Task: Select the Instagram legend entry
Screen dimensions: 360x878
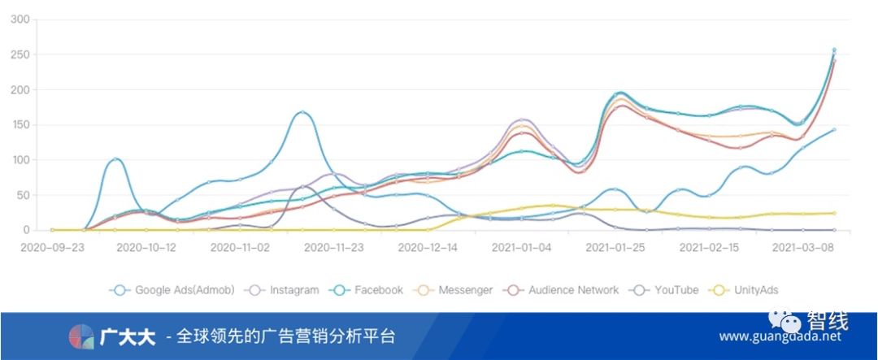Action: click(282, 290)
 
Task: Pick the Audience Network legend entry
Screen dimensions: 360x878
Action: click(561, 290)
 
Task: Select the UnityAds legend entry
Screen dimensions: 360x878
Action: click(744, 290)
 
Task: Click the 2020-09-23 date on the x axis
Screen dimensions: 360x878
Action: click(51, 246)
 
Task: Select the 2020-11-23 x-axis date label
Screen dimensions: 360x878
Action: click(333, 246)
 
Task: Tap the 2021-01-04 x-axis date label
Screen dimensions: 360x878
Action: click(521, 246)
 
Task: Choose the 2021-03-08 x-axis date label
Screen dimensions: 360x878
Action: click(802, 246)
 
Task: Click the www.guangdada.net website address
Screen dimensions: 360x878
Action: click(780, 336)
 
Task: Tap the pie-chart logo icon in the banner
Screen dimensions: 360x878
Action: click(81, 336)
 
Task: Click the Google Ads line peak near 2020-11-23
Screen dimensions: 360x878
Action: click(302, 112)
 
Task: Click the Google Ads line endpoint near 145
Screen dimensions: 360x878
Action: click(833, 129)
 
